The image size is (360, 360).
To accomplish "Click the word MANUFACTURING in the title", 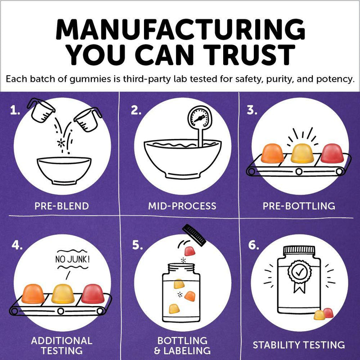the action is [180, 29].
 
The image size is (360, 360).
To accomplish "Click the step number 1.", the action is [15, 111].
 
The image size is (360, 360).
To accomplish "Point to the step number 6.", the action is [253, 245].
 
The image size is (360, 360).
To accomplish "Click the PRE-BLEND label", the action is [62, 206].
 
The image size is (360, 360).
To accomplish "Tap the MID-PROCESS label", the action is [182, 206].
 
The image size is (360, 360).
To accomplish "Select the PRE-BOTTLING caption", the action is [299, 206].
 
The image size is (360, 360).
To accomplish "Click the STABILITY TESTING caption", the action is [299, 345].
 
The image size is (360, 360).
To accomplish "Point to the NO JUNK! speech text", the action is [72, 260].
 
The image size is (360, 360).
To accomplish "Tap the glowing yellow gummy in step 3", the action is [302, 153].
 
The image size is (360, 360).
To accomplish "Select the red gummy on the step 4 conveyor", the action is [93, 294].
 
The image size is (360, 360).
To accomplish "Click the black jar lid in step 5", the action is [194, 235].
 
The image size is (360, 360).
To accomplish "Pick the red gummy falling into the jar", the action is [189, 251].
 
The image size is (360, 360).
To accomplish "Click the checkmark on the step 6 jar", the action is [299, 272].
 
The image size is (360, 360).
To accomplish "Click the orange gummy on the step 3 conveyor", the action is [272, 153].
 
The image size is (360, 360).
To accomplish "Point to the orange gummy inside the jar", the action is [190, 296].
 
